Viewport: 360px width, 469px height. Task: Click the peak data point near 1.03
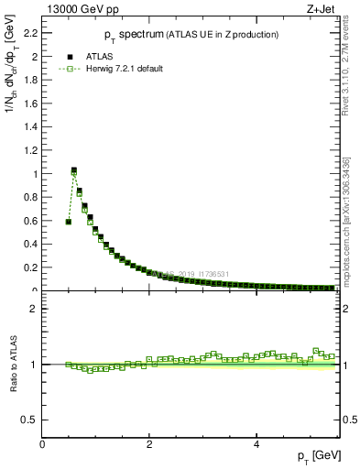coord(74,170)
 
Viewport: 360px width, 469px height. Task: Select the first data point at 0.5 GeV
coord(69,222)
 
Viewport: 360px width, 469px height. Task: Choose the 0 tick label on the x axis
coord(42,444)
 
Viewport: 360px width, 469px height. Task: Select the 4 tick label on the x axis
coord(256,444)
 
